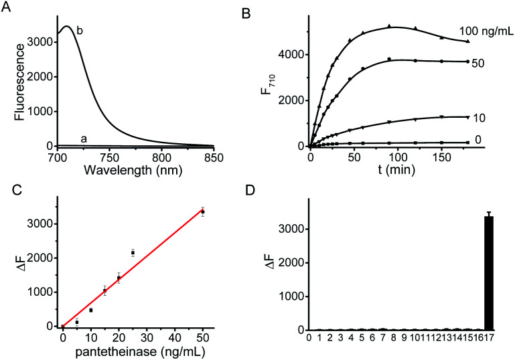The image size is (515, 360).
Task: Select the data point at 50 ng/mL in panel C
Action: click(203, 211)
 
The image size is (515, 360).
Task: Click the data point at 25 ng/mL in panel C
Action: click(133, 253)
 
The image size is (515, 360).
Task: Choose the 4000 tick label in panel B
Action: click(290, 54)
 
